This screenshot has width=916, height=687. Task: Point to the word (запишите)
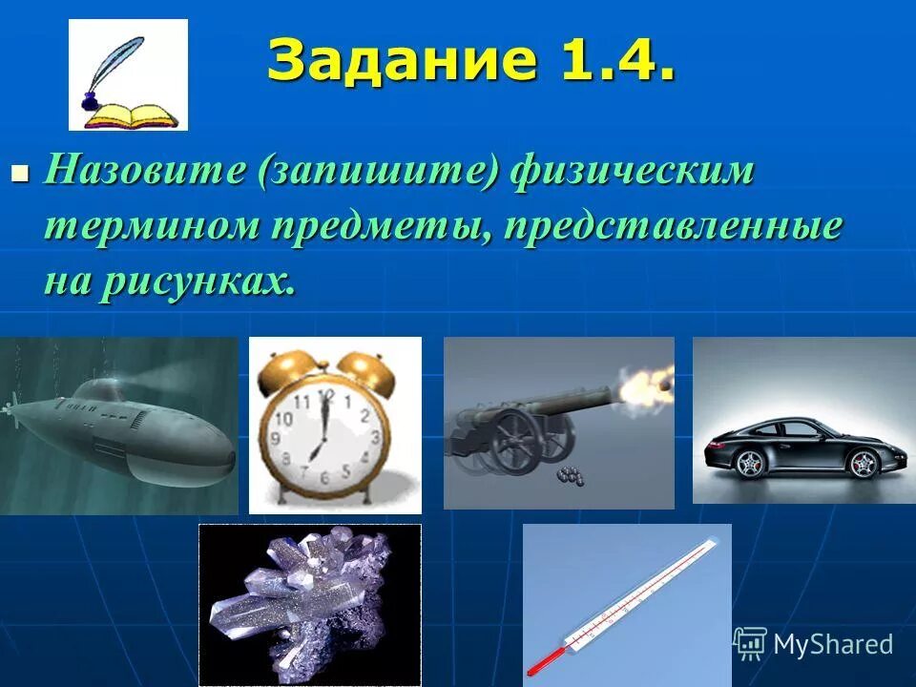pyautogui.click(x=383, y=174)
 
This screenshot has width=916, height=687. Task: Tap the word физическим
pyautogui.click(x=632, y=174)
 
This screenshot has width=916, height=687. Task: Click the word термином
pyautogui.click(x=152, y=227)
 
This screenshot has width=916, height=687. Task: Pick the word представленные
pyautogui.click(x=674, y=227)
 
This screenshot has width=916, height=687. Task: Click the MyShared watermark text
pyautogui.click(x=831, y=644)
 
